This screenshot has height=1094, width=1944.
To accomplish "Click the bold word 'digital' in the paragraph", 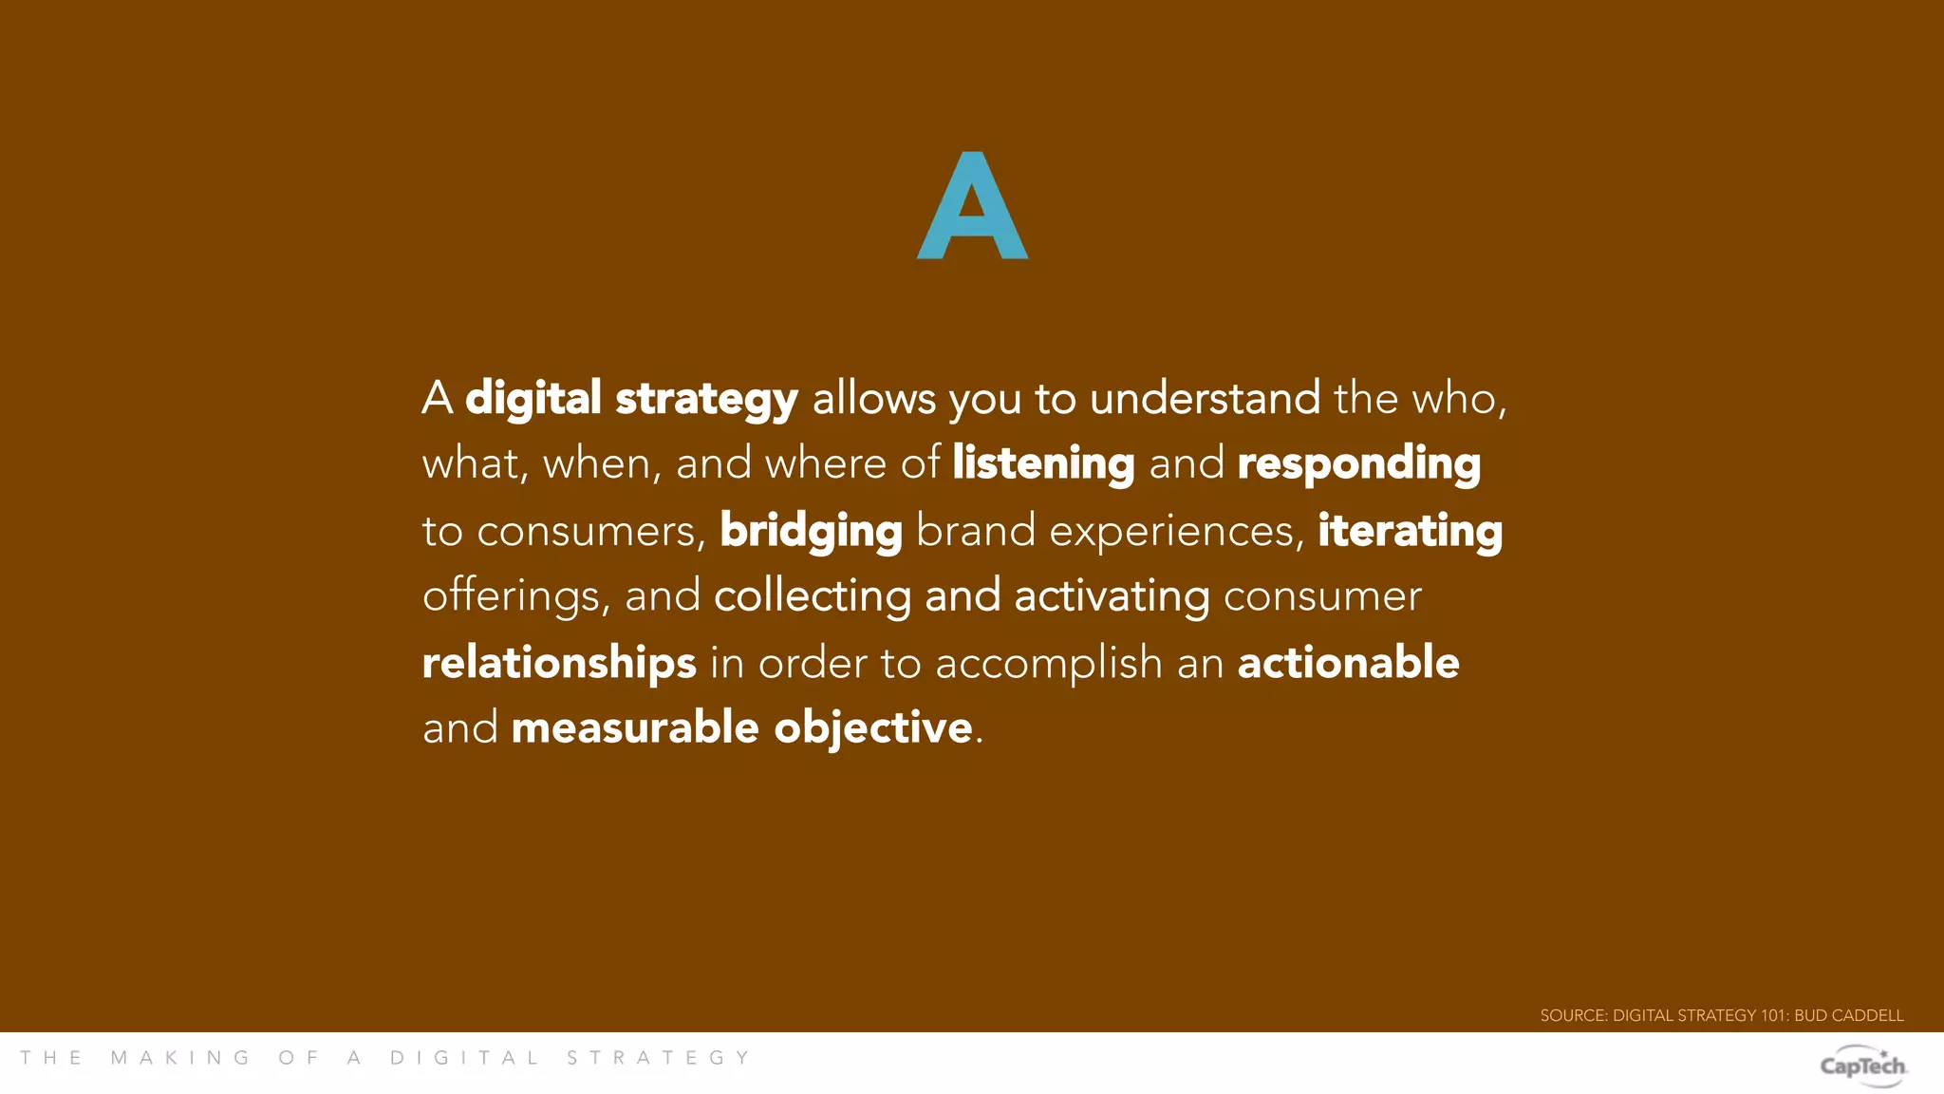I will pos(533,398).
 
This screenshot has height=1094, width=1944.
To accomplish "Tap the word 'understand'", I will pos(1205,398).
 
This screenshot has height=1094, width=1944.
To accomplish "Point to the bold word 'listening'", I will pos(1043,464).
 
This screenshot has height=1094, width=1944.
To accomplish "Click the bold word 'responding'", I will pos(1358,464).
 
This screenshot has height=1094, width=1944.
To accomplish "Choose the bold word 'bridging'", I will pos(811,531).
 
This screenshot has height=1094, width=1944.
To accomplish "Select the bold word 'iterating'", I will pos(1410,531).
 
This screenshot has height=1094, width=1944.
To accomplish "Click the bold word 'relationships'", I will pos(559,663).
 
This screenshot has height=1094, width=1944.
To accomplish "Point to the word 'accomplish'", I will pos(1049,663).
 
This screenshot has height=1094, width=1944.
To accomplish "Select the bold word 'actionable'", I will pos(1348,663).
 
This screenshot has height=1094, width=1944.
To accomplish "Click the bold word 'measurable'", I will pos(634,728).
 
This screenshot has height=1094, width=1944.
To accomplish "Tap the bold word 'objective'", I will pos(873,728).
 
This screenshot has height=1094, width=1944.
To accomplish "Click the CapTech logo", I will pos(1862,1065).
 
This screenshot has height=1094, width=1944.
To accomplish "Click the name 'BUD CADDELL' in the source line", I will pos(1848,1015).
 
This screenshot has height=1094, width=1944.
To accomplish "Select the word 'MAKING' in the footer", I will pos(180,1058).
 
